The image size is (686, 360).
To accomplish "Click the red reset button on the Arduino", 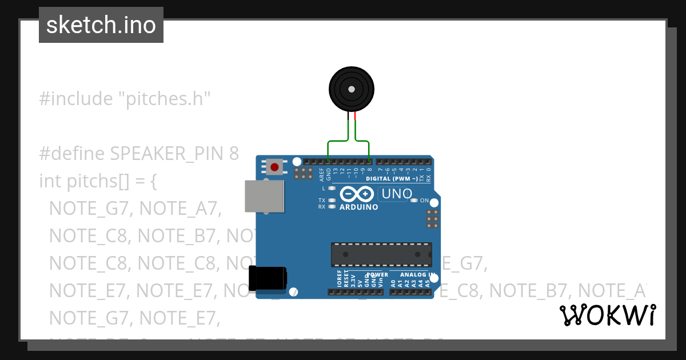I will [x=275, y=167].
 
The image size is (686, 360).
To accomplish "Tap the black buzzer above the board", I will [x=351, y=89].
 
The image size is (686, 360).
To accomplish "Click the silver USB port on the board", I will [x=264, y=197].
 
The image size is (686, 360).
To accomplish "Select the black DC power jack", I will [x=268, y=279].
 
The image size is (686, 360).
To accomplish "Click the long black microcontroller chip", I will [x=381, y=254].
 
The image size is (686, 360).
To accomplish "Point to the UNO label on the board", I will [x=396, y=194].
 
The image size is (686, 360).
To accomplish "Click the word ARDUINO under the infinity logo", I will [x=358, y=207].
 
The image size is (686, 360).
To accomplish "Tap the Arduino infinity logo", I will [x=358, y=194].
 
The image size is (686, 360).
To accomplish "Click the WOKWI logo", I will [x=607, y=315].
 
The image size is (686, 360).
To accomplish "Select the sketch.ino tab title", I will [x=101, y=25].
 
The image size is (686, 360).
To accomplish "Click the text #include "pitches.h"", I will [x=125, y=99].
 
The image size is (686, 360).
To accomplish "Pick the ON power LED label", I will [x=424, y=201].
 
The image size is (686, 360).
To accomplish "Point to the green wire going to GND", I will [x=328, y=150].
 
